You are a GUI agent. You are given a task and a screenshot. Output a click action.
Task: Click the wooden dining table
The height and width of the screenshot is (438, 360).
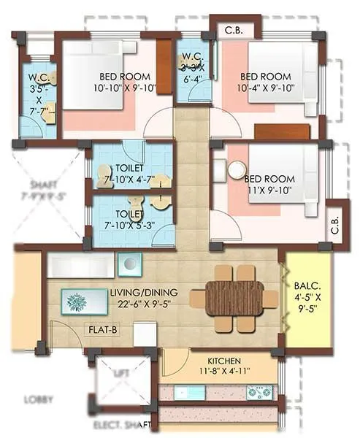(x=233, y=299)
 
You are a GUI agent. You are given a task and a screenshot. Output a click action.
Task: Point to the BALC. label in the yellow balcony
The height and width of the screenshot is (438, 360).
(x=305, y=287)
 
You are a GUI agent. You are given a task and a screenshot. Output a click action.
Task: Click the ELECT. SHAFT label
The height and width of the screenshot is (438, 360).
(x=120, y=424)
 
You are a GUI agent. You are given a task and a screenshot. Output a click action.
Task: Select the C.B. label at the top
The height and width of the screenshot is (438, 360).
(x=234, y=30)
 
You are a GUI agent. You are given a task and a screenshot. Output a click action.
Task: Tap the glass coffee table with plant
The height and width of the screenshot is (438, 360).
(x=77, y=301)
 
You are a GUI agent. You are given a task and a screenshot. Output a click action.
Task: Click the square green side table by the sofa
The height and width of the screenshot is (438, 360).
(x=129, y=264)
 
